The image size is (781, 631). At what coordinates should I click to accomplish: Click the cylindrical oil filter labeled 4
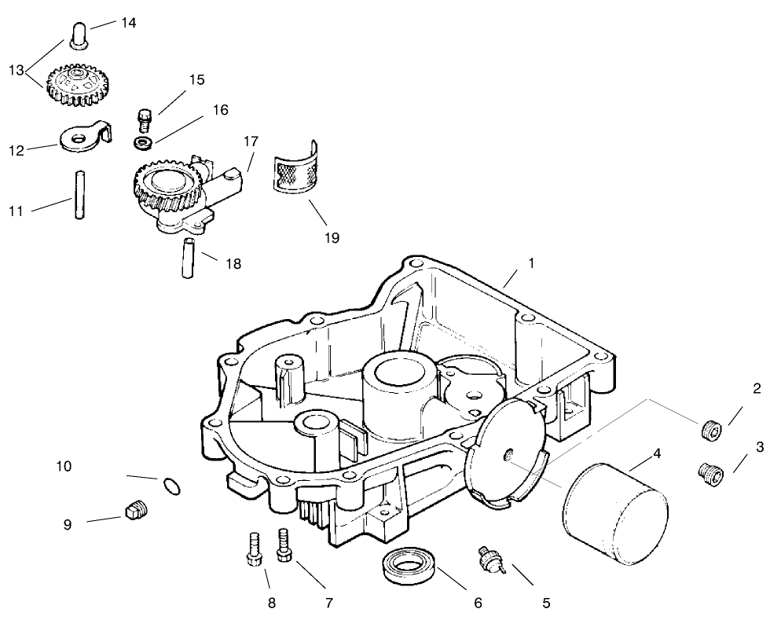coord(615,515)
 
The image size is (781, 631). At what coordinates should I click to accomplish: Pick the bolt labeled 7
coord(284,545)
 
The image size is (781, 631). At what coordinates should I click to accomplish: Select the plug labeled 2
coord(710,431)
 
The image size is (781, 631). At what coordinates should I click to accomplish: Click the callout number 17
coord(250,142)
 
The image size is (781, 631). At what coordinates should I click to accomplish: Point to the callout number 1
coord(531,263)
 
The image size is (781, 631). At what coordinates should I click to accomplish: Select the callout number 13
coord(16,70)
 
